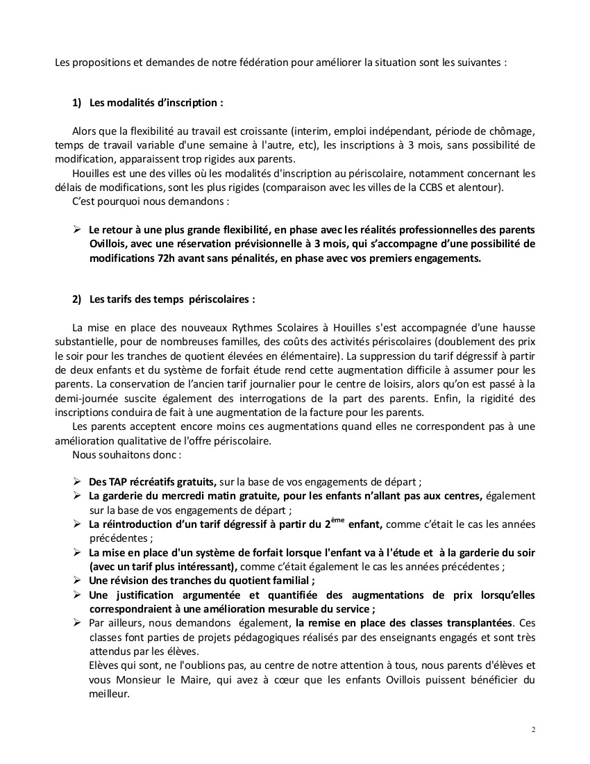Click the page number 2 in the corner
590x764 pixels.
point(533,729)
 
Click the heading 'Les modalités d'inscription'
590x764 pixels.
point(156,102)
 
